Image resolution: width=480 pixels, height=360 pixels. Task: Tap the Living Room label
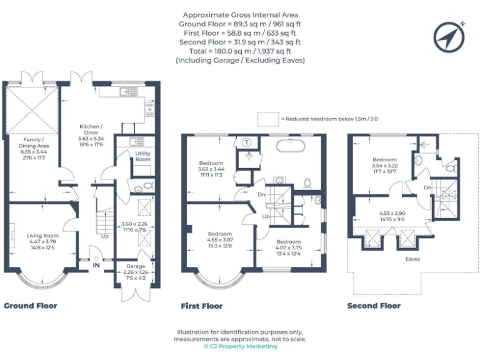click(42, 236)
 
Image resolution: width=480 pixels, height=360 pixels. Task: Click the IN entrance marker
click(96, 266)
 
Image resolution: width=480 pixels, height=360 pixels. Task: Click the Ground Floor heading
click(30, 306)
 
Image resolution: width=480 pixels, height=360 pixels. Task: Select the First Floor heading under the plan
click(201, 306)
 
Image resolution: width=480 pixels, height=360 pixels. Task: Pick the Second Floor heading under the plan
click(374, 306)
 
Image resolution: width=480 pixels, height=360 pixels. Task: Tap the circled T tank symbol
click(247, 142)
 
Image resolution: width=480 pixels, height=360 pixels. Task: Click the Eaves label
click(411, 259)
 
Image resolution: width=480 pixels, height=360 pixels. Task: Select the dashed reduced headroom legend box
click(267, 119)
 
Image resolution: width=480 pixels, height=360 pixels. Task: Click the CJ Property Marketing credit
click(240, 346)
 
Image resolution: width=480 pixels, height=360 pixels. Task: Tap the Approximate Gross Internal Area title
click(240, 14)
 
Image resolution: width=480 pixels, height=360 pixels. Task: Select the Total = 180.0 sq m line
click(240, 51)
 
